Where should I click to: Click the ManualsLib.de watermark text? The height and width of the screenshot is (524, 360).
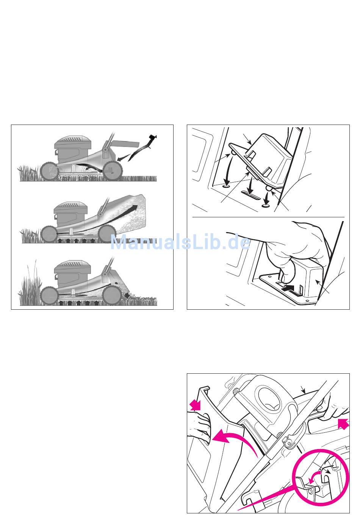pyautogui.click(x=180, y=242)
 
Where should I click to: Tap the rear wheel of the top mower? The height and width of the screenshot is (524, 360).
pyautogui.click(x=112, y=171)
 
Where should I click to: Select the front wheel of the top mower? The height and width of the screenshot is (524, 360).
pyautogui.click(x=49, y=171)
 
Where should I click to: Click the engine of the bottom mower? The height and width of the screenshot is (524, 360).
pyautogui.click(x=72, y=274)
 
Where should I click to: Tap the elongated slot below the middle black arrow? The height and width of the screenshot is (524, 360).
pyautogui.click(x=250, y=195)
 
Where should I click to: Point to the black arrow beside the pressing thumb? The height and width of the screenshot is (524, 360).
pyautogui.click(x=288, y=288)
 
